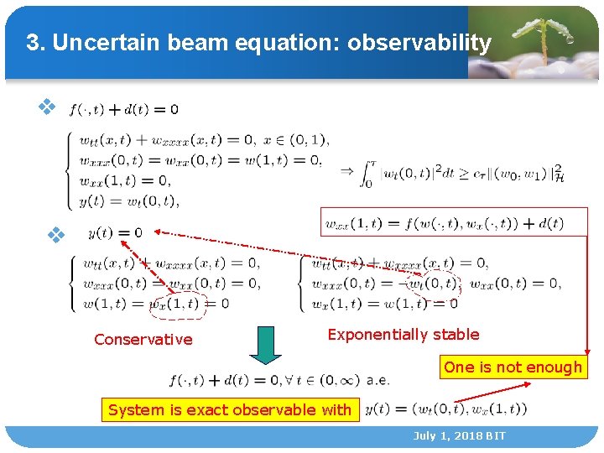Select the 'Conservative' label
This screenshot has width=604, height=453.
(x=143, y=339)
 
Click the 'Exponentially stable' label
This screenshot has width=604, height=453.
(x=404, y=334)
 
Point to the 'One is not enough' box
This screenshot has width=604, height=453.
(x=513, y=367)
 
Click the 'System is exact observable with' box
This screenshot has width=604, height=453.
(x=230, y=409)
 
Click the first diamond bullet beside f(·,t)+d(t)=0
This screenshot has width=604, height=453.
(x=48, y=107)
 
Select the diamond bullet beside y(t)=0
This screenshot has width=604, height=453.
(x=56, y=234)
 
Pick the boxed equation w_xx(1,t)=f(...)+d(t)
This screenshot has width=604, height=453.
(x=444, y=223)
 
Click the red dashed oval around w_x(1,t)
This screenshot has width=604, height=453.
(x=177, y=304)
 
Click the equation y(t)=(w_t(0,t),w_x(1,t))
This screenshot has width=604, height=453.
(x=445, y=409)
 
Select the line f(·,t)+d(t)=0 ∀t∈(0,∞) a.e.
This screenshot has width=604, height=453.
(x=279, y=379)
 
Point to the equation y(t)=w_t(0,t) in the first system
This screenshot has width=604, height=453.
(x=130, y=200)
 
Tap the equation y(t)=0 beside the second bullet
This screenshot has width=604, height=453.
(x=115, y=232)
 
